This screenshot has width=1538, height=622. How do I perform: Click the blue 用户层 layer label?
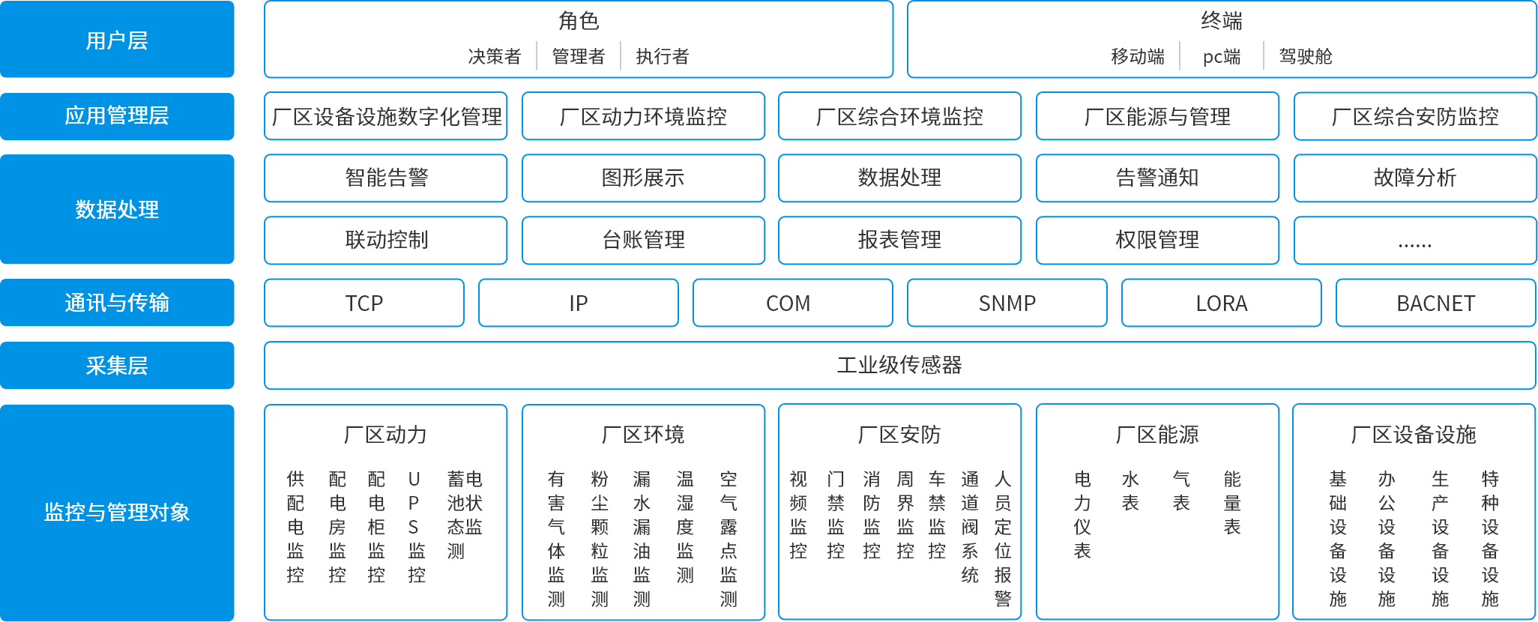tap(117, 40)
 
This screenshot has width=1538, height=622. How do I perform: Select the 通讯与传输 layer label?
tap(117, 303)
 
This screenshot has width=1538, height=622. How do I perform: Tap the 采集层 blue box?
tap(117, 366)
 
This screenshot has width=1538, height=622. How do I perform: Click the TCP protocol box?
tap(364, 304)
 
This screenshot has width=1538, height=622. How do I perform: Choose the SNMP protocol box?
tap(1007, 304)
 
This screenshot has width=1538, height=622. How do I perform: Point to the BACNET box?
tap(1435, 304)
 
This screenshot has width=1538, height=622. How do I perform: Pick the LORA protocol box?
tap(1221, 304)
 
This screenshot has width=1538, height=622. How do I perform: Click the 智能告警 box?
tap(386, 178)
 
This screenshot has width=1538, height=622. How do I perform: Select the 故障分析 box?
tap(1414, 178)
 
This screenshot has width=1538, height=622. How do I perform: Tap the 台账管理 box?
tap(643, 241)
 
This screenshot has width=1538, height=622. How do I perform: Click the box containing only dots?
tap(1414, 241)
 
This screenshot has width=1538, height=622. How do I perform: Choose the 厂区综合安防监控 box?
tap(1414, 117)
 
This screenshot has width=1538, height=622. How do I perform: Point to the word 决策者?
tap(494, 57)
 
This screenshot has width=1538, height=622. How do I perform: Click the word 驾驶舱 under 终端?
tap(1305, 57)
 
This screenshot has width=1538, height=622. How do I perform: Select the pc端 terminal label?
tap(1221, 57)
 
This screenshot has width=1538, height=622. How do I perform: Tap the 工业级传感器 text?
tap(899, 366)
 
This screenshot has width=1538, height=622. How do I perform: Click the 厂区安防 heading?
tap(899, 435)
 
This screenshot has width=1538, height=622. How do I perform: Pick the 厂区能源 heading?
tap(1157, 435)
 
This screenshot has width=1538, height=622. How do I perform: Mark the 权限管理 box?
tap(1157, 241)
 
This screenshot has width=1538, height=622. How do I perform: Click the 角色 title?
tap(579, 21)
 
